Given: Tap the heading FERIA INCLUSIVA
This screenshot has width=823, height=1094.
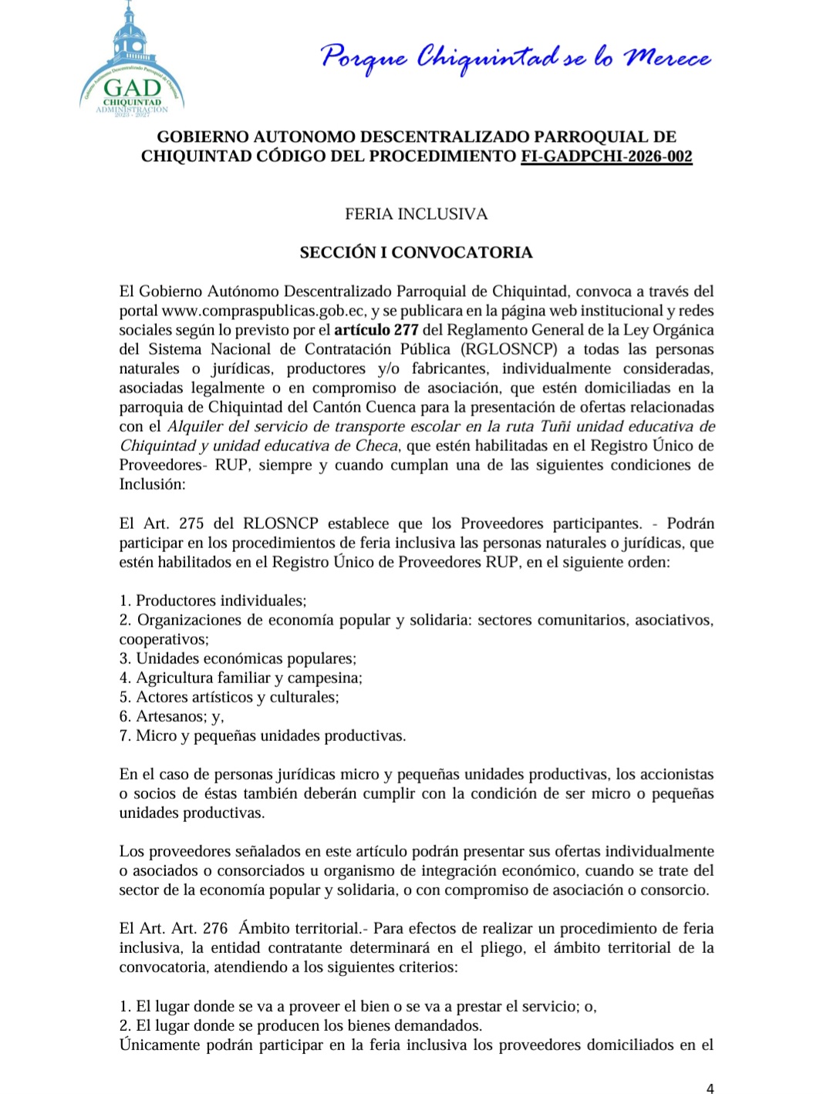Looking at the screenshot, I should [416, 214].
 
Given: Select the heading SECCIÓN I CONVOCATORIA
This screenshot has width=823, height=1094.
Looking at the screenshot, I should [416, 252].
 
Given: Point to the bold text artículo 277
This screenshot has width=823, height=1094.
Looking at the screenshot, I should [376, 330].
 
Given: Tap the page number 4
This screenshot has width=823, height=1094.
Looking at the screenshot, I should [710, 1089].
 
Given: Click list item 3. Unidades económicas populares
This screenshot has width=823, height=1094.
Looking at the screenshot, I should [238, 658].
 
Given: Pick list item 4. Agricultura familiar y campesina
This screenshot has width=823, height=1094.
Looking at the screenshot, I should [241, 678].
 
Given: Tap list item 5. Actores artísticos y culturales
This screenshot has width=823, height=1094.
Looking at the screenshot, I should [229, 697].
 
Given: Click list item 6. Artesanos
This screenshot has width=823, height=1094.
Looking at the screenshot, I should [171, 716].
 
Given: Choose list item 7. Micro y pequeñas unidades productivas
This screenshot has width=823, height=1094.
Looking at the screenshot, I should [262, 736].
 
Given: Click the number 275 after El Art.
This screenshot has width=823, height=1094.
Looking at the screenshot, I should [191, 523].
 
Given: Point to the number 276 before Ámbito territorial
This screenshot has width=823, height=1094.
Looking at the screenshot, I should [215, 928].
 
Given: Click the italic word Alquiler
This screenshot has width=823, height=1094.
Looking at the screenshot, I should [194, 426].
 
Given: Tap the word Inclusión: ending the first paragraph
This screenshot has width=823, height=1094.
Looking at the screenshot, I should [152, 484].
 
